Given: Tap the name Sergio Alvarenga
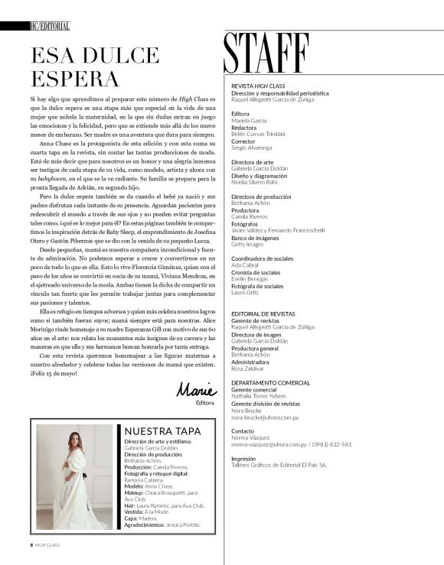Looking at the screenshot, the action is [x=251, y=147].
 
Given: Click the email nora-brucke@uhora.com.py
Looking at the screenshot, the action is [x=265, y=418].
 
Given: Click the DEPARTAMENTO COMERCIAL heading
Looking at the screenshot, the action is [x=270, y=382].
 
